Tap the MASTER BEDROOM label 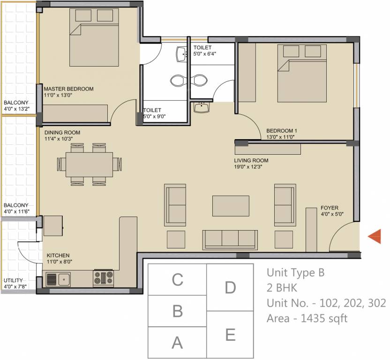tap(68, 89)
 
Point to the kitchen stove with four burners tap(103, 278)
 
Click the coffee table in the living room tap(231, 205)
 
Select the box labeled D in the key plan tap(230, 287)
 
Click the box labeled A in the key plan tap(177, 343)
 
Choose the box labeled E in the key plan tap(230, 335)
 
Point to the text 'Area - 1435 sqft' tap(307, 319)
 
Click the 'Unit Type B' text tap(295, 272)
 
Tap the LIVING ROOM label tap(251, 160)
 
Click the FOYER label tap(330, 208)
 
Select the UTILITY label tap(13, 280)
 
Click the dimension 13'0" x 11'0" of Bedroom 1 tap(282, 137)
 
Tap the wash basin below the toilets tap(202, 107)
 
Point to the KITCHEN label tap(58, 255)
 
